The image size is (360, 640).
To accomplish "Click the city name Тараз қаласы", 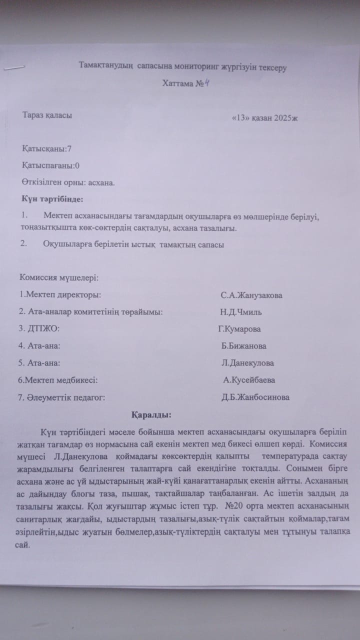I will click(x=47, y=115).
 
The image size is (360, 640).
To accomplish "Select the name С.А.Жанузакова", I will click(x=251, y=295).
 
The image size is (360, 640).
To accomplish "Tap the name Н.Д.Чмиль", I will click(x=240, y=312).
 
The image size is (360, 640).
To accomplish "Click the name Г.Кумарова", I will click(x=239, y=329).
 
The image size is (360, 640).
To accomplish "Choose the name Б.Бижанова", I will click(x=243, y=346).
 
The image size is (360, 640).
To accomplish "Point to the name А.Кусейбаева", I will click(x=249, y=380).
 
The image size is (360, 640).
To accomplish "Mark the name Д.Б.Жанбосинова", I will click(x=255, y=397).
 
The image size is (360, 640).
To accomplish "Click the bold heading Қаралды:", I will click(x=151, y=415).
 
